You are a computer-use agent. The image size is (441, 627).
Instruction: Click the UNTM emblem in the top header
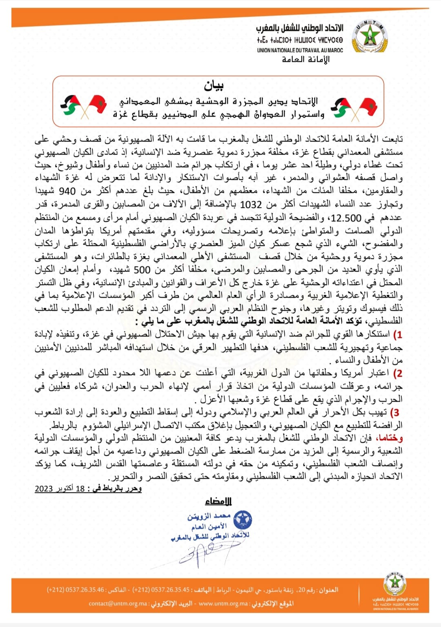370,37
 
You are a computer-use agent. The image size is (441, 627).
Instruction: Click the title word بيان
214,86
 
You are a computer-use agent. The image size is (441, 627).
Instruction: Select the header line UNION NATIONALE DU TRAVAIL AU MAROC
300,50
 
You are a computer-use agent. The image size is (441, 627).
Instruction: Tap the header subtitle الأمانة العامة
306,60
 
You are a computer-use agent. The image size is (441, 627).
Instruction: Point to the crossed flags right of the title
354,108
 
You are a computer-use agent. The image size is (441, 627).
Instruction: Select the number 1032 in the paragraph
251,204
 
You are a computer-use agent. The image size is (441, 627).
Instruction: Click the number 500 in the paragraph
142,269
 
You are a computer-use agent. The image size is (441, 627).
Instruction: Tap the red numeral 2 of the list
399,373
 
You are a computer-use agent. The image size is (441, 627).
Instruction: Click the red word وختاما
390,438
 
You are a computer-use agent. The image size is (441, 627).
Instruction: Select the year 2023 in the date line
44,489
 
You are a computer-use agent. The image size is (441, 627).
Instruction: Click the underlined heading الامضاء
218,501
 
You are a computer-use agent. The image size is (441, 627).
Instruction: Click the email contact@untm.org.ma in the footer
118,604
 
